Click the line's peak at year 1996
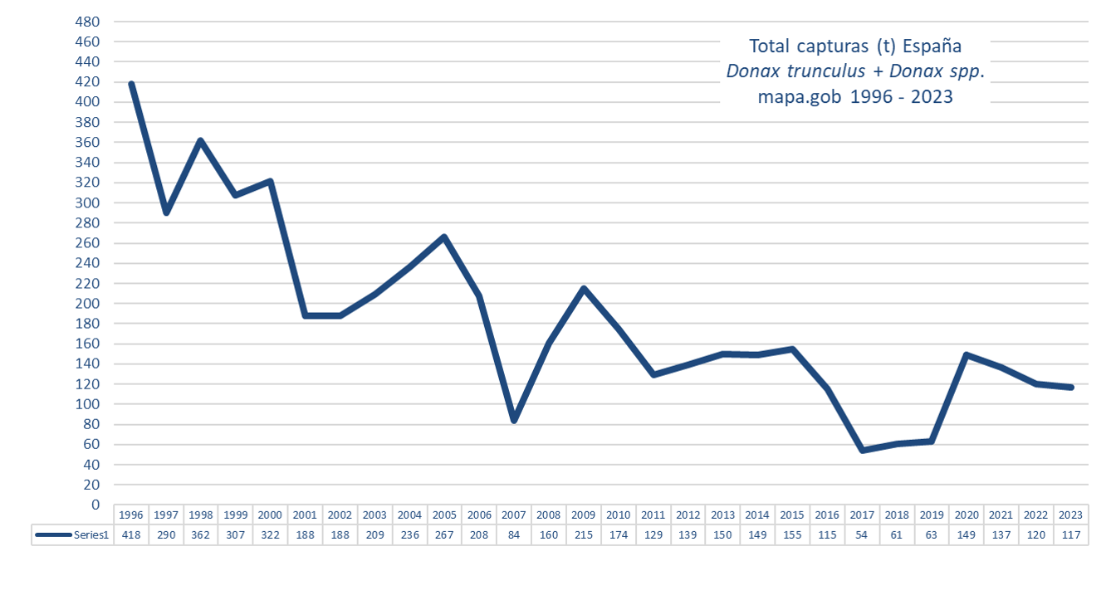131,84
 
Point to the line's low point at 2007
514,420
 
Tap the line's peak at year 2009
584,289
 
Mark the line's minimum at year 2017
862,450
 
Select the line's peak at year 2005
444,237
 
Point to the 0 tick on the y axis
95,505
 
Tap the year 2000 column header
271,515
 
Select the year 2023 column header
1070,515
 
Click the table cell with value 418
131,535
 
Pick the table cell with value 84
514,535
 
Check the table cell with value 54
862,535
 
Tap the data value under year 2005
444,535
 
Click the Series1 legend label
92,535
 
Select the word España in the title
932,46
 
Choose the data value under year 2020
967,535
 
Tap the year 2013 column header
722,515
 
